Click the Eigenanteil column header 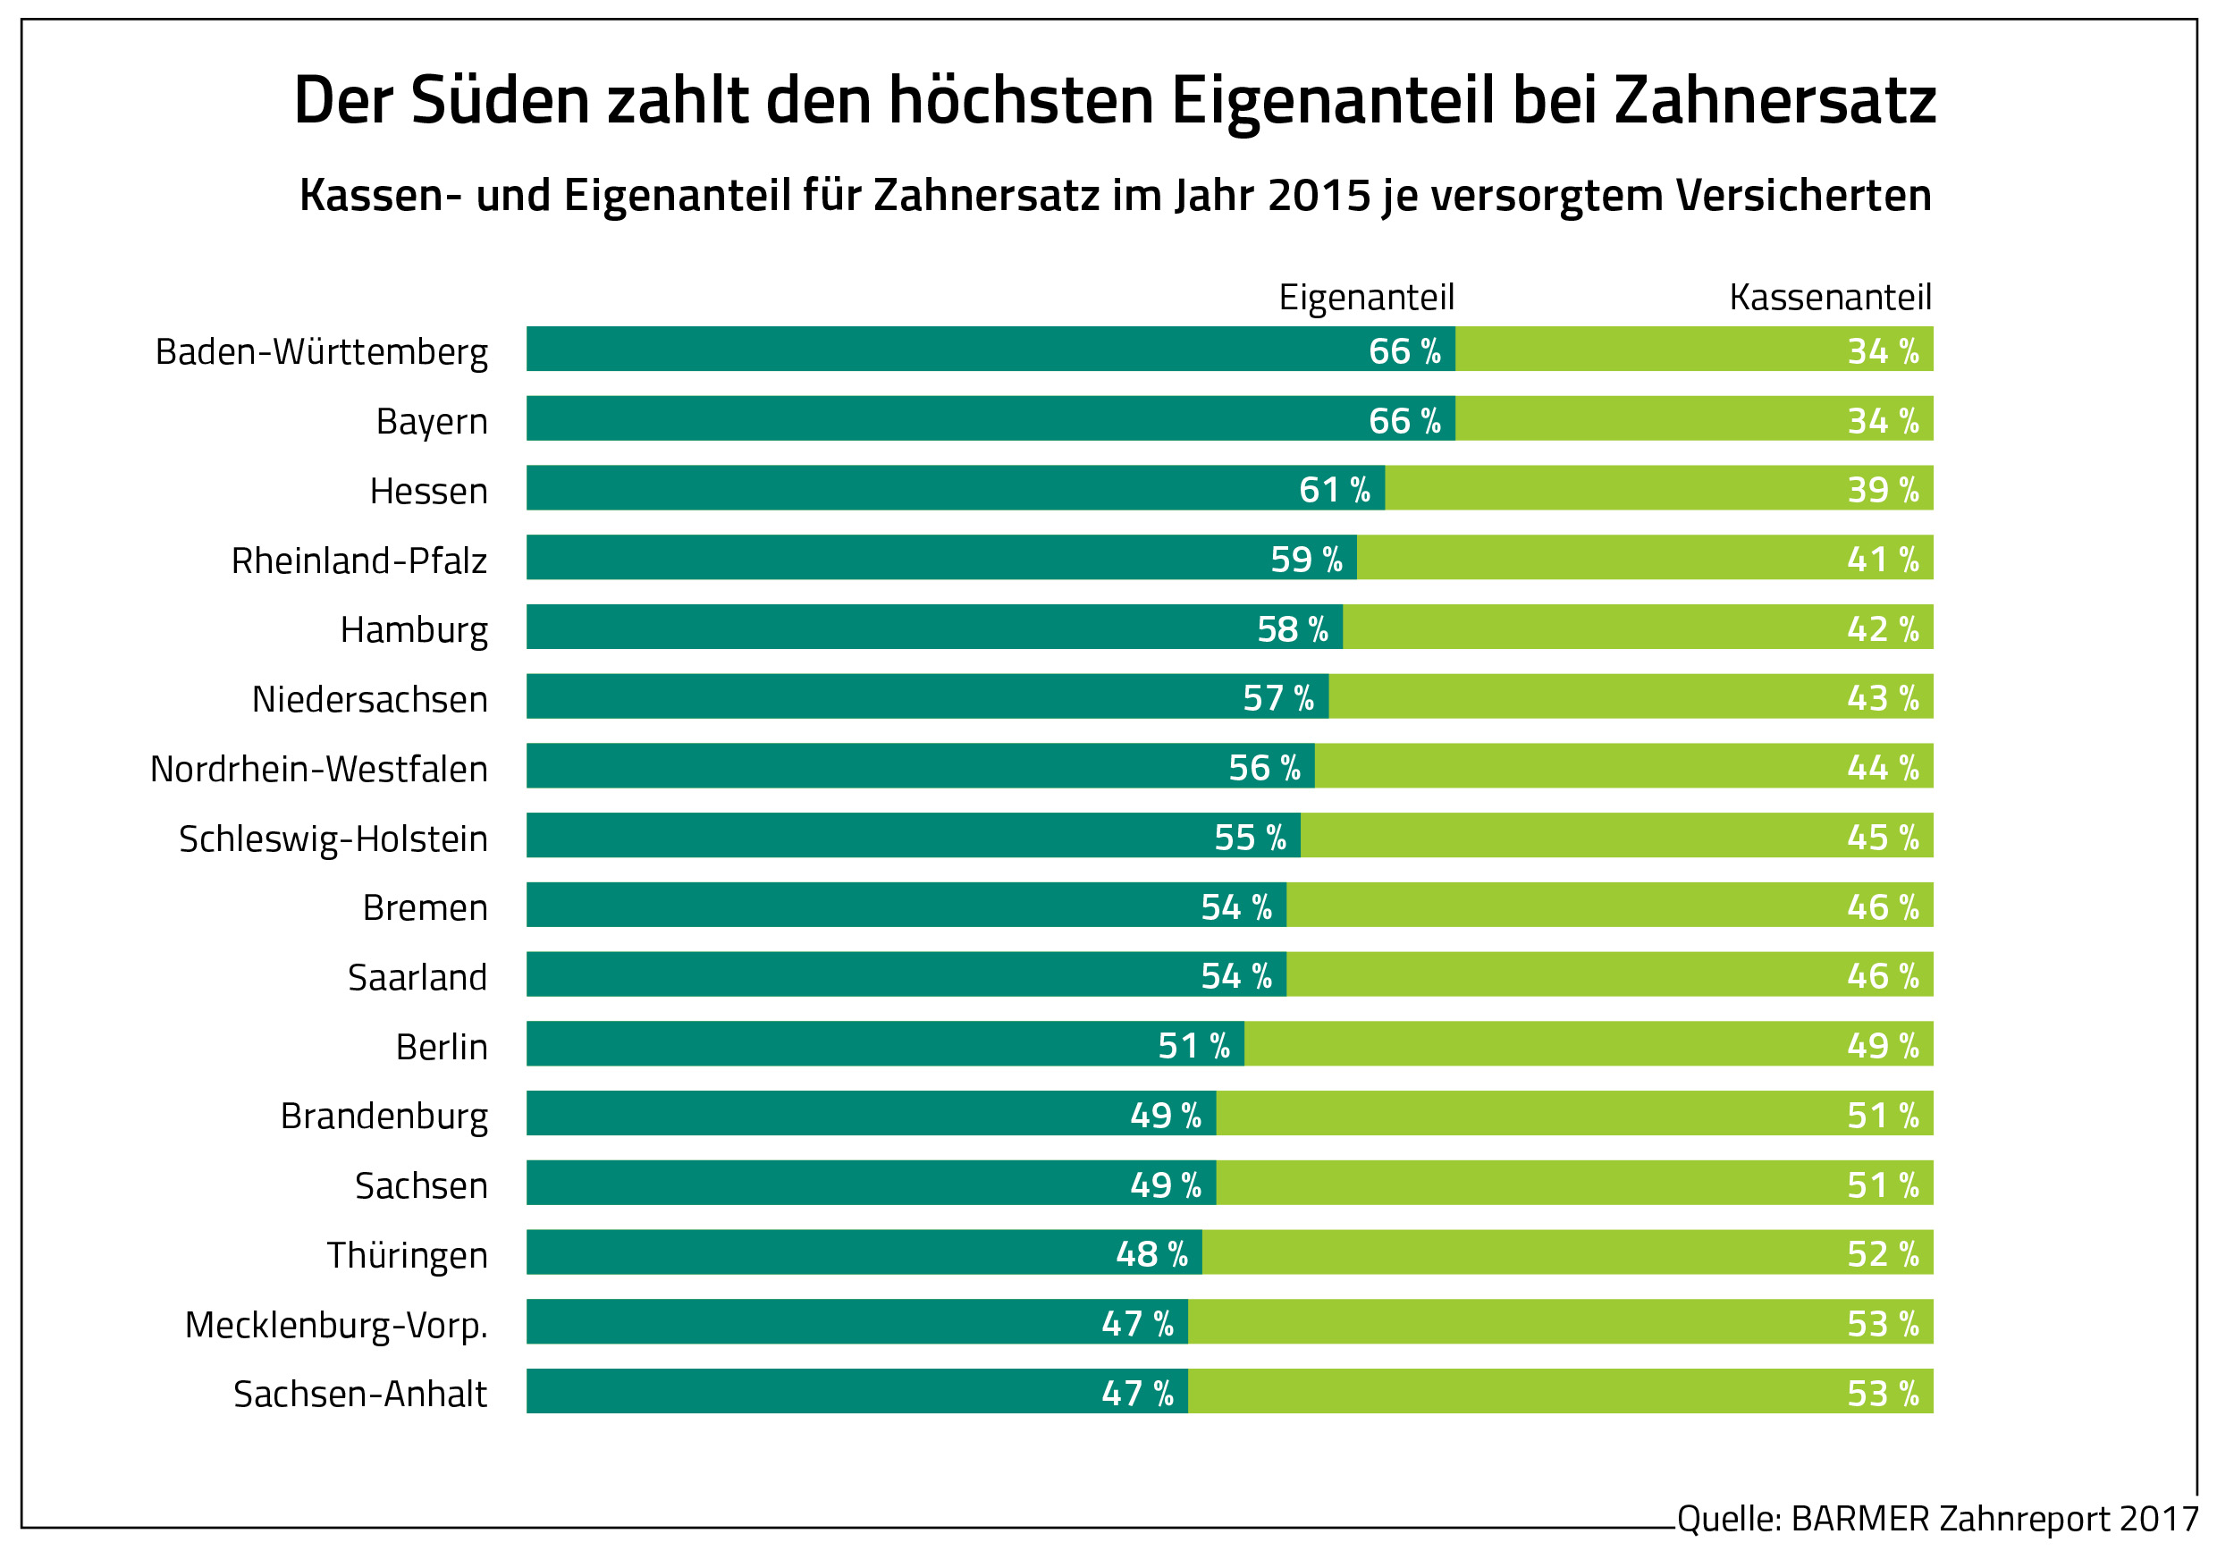click(x=1365, y=298)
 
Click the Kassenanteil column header click(x=1830, y=298)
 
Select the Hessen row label click(x=429, y=492)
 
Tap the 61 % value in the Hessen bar click(x=1335, y=490)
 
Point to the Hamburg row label click(x=414, y=630)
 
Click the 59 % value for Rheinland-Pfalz click(x=1305, y=560)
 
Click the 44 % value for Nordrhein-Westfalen click(x=1882, y=768)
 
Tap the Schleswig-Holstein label click(x=333, y=839)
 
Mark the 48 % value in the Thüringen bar click(x=1151, y=1253)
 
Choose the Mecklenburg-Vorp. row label click(x=336, y=1325)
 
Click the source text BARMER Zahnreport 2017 click(x=1937, y=1519)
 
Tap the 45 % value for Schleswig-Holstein click(x=1882, y=838)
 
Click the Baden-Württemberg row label click(x=322, y=352)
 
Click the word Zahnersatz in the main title click(x=1774, y=100)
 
